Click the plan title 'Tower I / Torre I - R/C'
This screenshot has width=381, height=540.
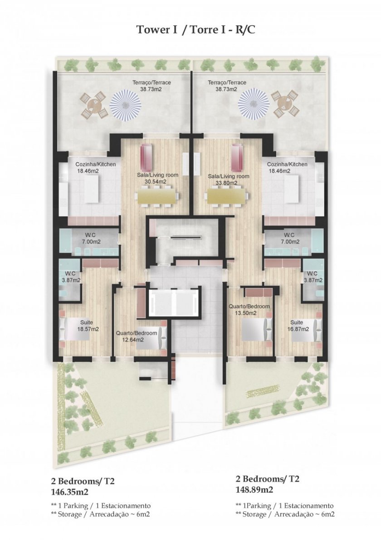196,30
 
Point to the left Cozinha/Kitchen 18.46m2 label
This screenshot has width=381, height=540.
96,167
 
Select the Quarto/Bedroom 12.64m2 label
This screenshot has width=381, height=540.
137,336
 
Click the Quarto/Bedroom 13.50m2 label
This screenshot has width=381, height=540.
249,310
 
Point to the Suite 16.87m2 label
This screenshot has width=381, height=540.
298,326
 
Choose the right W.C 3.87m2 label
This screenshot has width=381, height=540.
313,277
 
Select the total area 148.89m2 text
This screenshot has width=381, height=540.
254,490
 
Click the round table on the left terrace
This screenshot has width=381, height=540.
93,104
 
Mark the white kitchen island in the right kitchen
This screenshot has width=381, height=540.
292,190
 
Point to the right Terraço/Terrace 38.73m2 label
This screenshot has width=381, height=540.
227,86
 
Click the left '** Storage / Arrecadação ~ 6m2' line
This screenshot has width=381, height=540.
100,515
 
